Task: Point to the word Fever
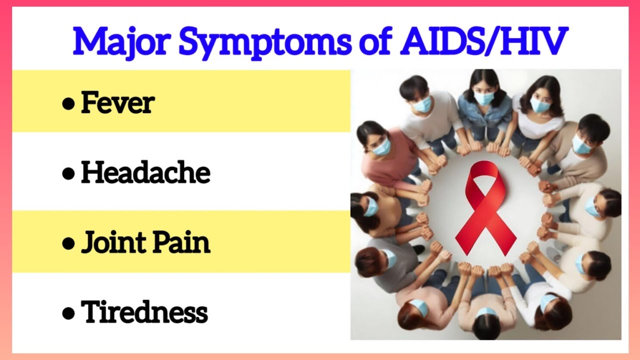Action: pyautogui.click(x=117, y=103)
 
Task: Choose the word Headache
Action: pyautogui.click(x=145, y=172)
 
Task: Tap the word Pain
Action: pyautogui.click(x=181, y=242)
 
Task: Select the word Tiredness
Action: pyautogui.click(x=144, y=312)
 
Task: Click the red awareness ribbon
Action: pyautogui.click(x=485, y=207)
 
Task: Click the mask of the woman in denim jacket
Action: pyautogui.click(x=484, y=98)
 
